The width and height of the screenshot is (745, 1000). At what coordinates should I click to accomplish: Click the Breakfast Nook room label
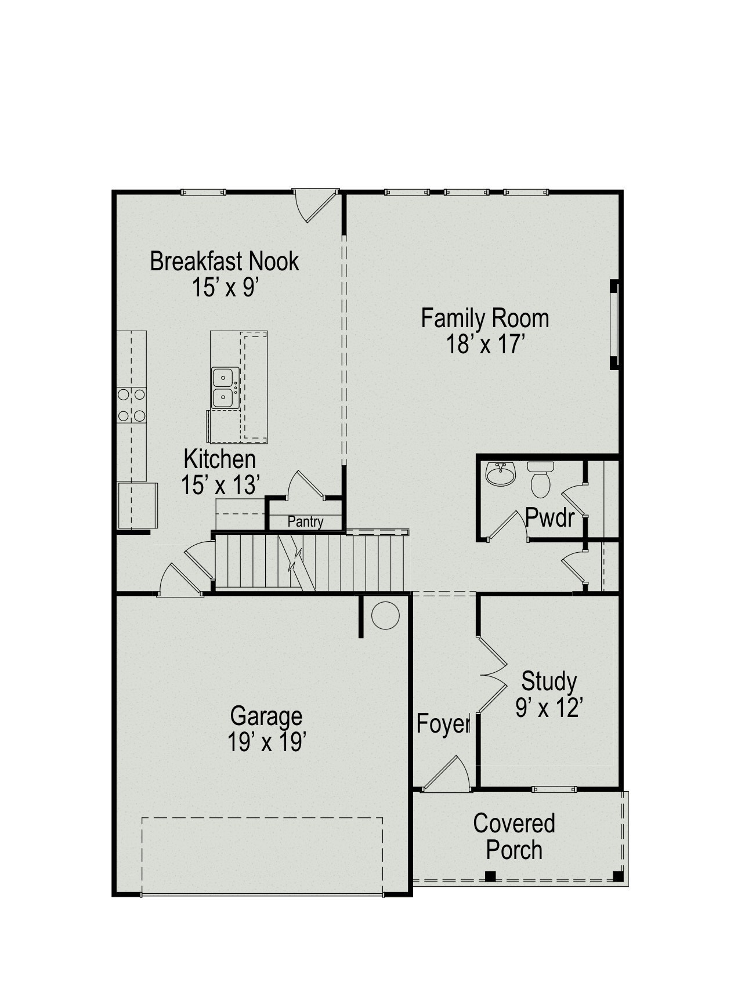[224, 261]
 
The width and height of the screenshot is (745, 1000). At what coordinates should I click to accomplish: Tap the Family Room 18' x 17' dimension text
[485, 345]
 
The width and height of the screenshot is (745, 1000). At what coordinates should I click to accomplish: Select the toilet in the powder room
[540, 481]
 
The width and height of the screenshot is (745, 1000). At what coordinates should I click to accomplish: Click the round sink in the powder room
[500, 475]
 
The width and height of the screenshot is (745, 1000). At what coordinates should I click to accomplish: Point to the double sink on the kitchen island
[224, 388]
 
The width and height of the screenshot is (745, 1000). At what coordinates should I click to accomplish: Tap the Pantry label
[305, 521]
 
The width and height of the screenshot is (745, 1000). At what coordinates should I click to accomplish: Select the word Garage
[266, 716]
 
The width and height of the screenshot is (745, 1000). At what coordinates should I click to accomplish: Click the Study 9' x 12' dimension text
[548, 708]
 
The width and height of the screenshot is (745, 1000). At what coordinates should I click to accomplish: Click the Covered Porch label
[513, 836]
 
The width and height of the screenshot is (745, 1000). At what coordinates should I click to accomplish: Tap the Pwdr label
[549, 517]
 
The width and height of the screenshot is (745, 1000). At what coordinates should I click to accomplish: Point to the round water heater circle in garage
[385, 615]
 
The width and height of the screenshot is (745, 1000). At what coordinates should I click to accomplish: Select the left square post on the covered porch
[490, 876]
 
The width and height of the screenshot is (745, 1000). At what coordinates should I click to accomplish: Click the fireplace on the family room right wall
[614, 324]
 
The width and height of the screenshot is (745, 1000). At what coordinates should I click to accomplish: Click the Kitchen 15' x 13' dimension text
[219, 485]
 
